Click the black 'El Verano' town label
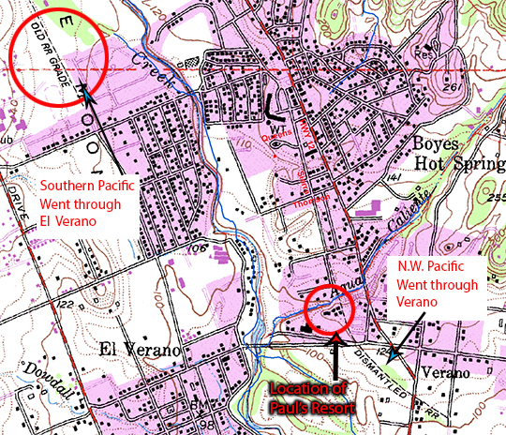tap(138, 351)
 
